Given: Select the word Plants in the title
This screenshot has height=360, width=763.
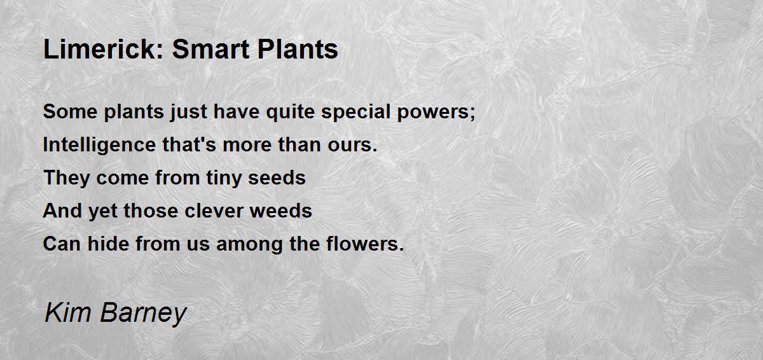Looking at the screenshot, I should pos(297,49).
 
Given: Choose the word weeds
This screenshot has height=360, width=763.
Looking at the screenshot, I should pos(284,211).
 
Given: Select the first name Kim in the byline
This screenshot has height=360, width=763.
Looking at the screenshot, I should pos(64,313).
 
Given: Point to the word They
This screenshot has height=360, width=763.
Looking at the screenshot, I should pos(67,178).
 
